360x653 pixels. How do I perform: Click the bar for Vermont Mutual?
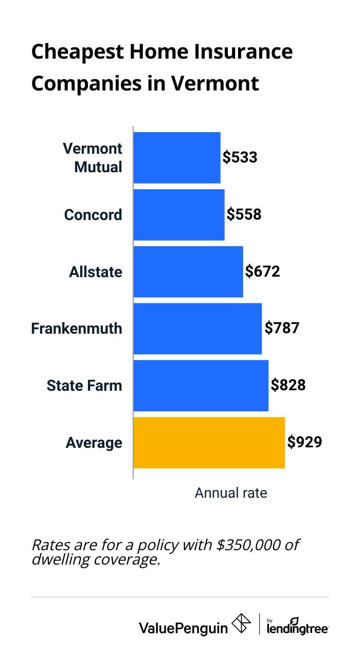pos(177,157)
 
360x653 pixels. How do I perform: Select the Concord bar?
pos(179,214)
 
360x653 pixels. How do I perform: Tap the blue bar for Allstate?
pos(188,271)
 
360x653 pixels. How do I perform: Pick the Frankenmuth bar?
pos(197,329)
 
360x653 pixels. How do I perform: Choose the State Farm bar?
pos(201,386)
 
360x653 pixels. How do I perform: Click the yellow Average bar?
pos(209,443)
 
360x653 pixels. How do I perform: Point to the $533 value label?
pos(240,157)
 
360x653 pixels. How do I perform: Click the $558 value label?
pos(244,214)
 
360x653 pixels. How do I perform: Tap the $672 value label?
pos(263,271)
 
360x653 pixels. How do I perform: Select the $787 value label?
pos(282,329)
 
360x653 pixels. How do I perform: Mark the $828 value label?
pos(289,386)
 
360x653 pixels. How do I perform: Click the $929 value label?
pos(305,443)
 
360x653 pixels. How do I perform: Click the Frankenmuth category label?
pos(77,329)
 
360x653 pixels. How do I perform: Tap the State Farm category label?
pos(84,386)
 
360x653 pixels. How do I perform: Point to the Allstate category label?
pos(96,271)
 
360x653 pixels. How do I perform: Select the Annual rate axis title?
pos(231,493)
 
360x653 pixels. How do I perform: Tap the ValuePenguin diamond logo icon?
pos(242,624)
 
